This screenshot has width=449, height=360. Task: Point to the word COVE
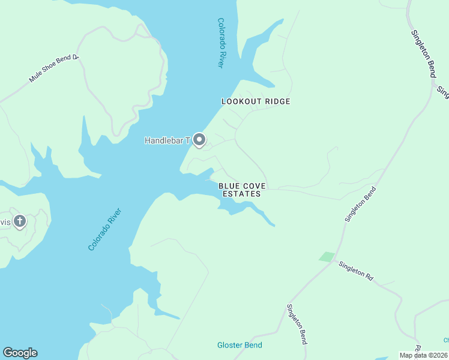point(253,186)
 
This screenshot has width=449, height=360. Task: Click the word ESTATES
point(241,194)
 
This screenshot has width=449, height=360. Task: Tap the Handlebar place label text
point(167,141)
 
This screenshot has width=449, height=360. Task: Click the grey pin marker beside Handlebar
point(199,140)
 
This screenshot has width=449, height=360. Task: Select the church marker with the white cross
point(20,221)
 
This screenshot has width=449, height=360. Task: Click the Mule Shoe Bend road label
point(54,70)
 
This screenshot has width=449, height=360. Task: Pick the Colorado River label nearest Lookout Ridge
point(221,43)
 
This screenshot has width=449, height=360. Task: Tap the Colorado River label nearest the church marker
point(105,229)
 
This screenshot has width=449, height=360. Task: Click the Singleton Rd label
point(355,271)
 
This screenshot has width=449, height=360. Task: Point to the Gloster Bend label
point(240,345)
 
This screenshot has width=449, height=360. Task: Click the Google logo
point(20,353)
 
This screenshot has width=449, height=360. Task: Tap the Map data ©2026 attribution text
point(424,355)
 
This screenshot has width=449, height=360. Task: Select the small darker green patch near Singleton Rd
point(327,257)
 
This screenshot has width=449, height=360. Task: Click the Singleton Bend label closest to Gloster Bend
point(297,324)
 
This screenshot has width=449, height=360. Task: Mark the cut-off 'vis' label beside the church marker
point(5,222)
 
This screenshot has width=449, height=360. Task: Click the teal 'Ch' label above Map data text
point(445,340)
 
